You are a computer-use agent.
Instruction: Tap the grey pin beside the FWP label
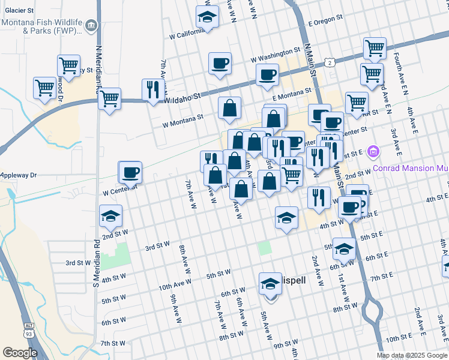(x=91, y=25)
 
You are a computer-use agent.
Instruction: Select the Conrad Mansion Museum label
(x=411, y=168)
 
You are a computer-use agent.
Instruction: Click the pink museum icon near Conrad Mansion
(x=373, y=151)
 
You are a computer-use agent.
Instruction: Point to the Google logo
(x=20, y=353)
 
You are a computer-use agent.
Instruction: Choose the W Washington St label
(x=276, y=55)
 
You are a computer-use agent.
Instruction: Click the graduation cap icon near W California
(x=208, y=17)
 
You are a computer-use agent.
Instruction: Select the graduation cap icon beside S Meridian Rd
(x=111, y=217)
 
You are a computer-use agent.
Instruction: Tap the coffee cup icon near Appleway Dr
(x=130, y=173)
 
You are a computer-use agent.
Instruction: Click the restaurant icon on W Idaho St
(x=152, y=89)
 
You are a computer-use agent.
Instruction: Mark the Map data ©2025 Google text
(x=412, y=355)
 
